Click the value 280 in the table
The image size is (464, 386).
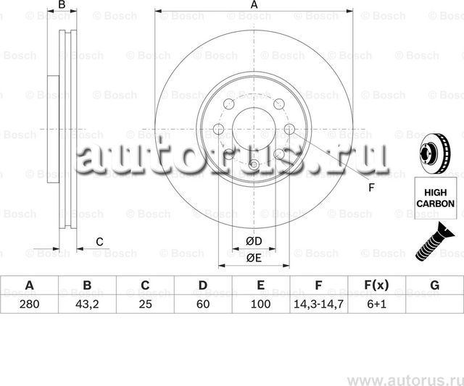29,305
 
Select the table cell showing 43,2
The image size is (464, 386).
86,305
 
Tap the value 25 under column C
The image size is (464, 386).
144,305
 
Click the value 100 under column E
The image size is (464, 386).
260,305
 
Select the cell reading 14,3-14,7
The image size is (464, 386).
318,305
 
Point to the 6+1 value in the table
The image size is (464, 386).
376,305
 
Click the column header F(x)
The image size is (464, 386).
376,285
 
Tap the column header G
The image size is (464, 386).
434,285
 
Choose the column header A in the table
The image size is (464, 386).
29,285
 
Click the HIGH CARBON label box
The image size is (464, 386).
435,197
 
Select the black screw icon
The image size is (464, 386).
434,241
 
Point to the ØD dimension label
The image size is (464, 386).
253,241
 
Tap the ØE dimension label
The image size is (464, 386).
253,257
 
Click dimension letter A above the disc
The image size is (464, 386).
254,6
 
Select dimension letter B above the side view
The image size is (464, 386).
62,6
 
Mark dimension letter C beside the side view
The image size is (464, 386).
100,241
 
